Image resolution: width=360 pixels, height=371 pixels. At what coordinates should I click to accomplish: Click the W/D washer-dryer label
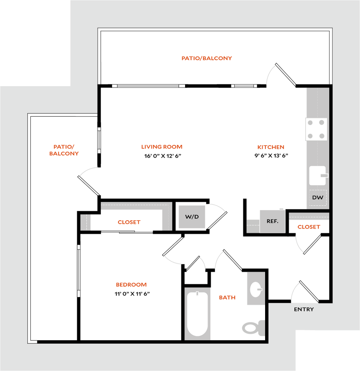(192, 217)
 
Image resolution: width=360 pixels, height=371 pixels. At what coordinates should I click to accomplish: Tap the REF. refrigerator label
(272, 221)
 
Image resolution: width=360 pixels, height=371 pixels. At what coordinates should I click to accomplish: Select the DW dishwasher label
(318, 198)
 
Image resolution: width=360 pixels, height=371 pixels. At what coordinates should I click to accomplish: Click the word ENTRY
(304, 309)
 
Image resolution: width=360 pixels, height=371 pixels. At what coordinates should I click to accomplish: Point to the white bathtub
(197, 313)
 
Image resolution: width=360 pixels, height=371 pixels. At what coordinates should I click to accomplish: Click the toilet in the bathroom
(252, 327)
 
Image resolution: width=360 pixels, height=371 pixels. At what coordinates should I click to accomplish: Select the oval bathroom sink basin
(256, 289)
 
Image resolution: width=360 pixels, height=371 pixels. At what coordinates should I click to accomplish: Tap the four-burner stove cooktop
(316, 129)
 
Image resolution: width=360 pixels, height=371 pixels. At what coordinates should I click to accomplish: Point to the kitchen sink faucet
(324, 176)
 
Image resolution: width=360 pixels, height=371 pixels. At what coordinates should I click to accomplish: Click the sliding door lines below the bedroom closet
(127, 232)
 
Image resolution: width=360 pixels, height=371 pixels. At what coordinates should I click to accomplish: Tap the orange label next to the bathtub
(227, 298)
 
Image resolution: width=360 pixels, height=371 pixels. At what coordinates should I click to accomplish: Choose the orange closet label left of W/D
(129, 222)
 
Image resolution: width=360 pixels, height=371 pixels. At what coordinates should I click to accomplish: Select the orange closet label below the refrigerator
(309, 228)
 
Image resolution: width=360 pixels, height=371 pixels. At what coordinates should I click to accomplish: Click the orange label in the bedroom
(131, 285)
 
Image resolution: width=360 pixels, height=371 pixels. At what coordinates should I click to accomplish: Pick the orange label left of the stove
(271, 147)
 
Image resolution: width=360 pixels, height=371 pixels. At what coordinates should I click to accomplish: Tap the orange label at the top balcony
(206, 58)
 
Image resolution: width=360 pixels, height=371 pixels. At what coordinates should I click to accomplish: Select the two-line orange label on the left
(64, 150)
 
